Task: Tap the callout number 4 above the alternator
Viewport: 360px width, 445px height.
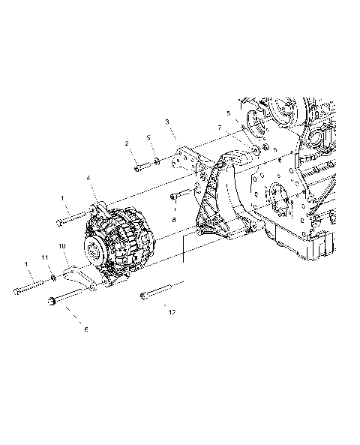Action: (x=88, y=179)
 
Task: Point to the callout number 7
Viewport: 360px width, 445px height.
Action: (x=219, y=128)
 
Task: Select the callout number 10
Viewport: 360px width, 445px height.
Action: (x=61, y=245)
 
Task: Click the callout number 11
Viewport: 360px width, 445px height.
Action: (x=45, y=258)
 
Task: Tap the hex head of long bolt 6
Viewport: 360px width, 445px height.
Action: (x=52, y=302)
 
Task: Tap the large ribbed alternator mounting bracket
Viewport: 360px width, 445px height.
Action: (x=214, y=203)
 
